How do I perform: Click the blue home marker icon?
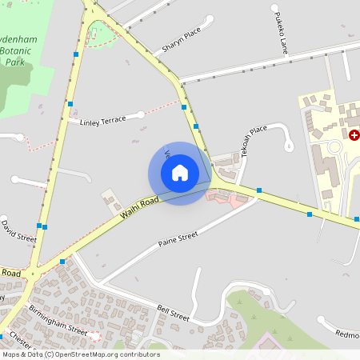click(180, 173)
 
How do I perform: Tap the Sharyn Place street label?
click(180, 41)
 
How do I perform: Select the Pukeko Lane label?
click(279, 33)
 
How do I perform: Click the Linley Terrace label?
click(103, 120)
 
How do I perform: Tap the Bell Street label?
click(174, 313)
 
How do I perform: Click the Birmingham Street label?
click(58, 318)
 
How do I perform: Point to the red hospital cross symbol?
click(354, 135)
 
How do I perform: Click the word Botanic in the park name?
click(22, 50)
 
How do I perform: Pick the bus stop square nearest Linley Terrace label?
click(70, 104)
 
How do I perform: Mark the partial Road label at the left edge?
click(10, 274)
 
